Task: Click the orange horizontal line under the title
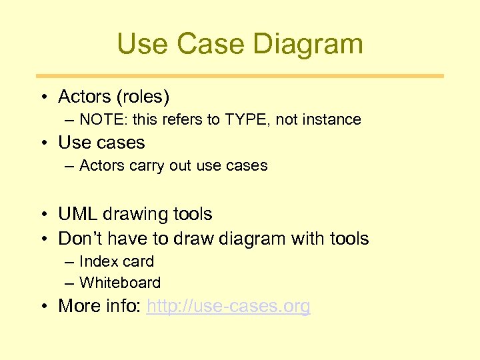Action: [x=240, y=76]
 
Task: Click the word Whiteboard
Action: [x=120, y=283]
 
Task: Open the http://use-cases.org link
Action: [x=228, y=307]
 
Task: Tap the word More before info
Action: [x=78, y=307]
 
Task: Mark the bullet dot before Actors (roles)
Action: [x=43, y=98]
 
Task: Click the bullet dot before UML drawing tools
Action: [x=43, y=215]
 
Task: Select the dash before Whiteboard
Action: [x=70, y=283]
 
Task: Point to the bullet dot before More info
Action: [x=43, y=307]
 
